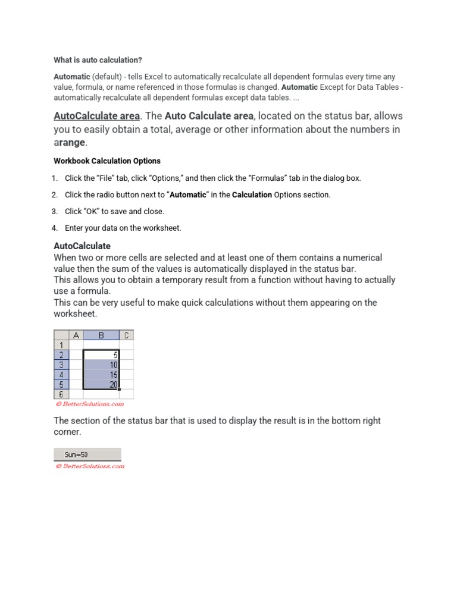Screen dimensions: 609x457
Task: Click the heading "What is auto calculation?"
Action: coord(98,60)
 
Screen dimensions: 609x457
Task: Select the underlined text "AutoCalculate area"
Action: coord(96,115)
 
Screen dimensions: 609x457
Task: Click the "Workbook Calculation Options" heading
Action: coord(107,161)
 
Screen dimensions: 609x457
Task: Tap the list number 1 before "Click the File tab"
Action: coord(55,178)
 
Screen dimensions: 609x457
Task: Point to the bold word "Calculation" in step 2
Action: coord(252,194)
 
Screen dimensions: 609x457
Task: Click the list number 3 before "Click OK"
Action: coord(55,211)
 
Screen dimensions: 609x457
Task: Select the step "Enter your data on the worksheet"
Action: coord(123,228)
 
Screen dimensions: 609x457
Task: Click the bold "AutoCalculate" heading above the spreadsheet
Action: coord(82,246)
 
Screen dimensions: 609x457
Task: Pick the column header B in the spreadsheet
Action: coord(101,335)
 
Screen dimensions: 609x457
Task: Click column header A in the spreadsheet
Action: coord(76,335)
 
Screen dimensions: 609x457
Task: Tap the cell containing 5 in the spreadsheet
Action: coord(102,354)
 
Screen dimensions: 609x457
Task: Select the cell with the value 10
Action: coord(102,365)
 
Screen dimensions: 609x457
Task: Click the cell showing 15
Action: coord(102,375)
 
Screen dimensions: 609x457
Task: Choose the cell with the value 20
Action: coord(102,384)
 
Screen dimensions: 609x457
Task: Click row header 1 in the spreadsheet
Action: coord(61,345)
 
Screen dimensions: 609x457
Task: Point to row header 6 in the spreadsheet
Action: coord(61,394)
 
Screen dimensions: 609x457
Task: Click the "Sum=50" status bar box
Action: coord(87,455)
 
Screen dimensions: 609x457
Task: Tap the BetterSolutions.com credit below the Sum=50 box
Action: coord(90,466)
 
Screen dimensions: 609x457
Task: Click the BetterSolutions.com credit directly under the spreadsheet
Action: coord(89,404)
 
